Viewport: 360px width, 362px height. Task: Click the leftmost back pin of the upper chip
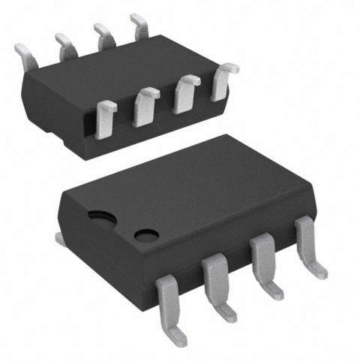(x=25, y=53)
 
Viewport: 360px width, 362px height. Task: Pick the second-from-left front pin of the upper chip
(x=145, y=106)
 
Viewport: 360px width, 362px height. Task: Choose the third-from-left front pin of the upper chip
(x=185, y=93)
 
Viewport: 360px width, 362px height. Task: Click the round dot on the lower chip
(x=142, y=234)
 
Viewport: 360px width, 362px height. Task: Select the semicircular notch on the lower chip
(x=99, y=218)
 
